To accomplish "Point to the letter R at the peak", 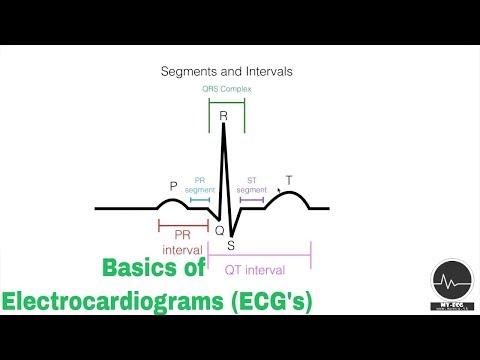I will [224, 116].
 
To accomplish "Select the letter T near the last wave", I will [289, 181].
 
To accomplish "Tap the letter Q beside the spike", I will [220, 230].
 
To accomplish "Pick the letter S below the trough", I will [231, 246].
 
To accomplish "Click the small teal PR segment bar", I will [200, 200].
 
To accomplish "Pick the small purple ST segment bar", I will [251, 200].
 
